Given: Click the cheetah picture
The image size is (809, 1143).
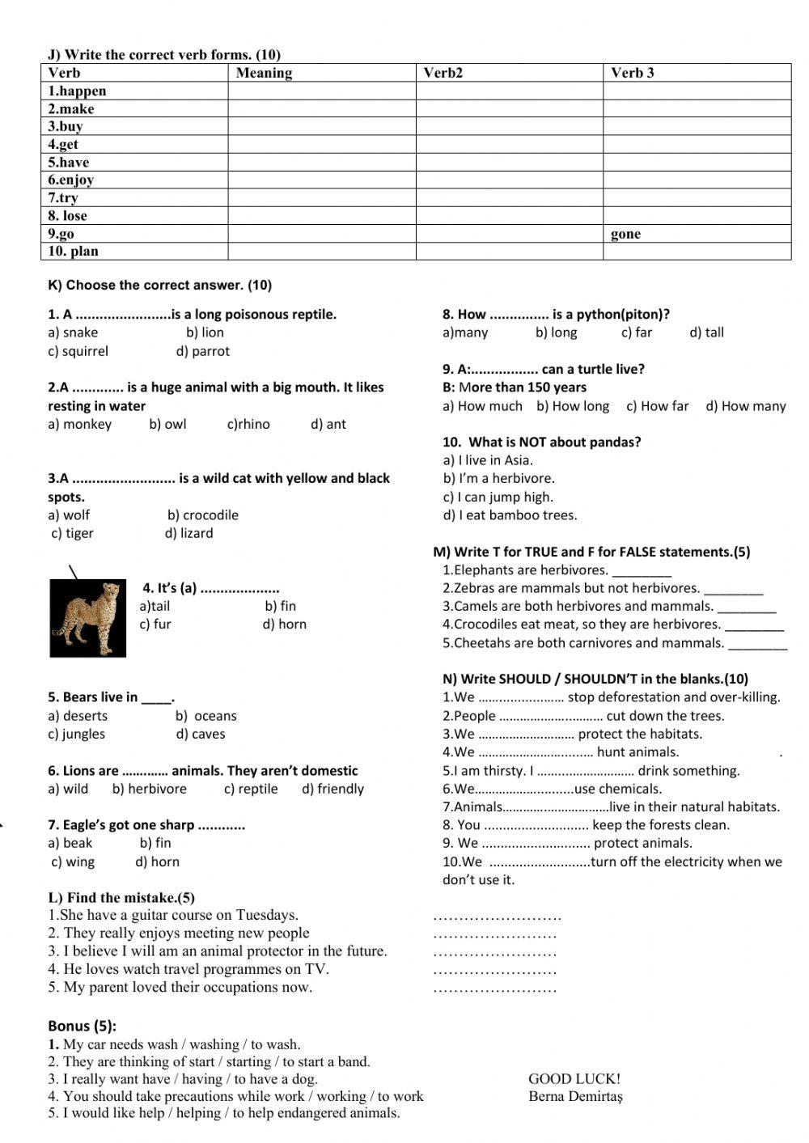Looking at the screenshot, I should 87,617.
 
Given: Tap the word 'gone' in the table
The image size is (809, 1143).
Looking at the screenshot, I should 625,234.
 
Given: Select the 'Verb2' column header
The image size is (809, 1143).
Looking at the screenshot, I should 443,73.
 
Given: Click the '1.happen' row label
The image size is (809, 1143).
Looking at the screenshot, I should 77,91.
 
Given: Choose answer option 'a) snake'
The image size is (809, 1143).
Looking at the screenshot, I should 73,332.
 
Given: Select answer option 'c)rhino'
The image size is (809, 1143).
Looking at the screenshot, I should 248,424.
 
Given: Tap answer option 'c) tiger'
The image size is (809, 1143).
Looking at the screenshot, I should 72,533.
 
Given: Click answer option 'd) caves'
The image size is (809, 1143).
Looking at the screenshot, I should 201,734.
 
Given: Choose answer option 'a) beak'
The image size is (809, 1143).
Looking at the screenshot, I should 70,843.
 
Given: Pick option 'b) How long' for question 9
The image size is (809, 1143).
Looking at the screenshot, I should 573,406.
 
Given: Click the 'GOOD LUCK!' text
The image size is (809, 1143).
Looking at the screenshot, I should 574,1078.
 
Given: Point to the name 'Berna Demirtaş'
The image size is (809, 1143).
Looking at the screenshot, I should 575,1097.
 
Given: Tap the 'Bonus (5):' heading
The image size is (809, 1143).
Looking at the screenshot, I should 82,1026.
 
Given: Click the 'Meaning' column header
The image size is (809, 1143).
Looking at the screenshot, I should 264,73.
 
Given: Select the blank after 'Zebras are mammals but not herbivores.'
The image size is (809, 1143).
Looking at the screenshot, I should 733,590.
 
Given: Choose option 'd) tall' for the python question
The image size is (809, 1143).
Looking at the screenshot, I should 706,332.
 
